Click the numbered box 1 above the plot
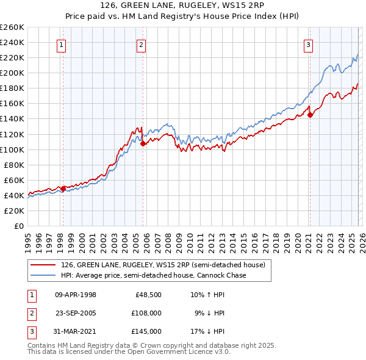(62, 45)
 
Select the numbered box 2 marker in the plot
(142, 45)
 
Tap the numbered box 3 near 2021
(309, 45)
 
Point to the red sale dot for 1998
(63, 189)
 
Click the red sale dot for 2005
(143, 144)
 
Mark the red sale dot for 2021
(310, 115)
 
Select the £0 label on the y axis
(18, 226)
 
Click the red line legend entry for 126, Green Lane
(162, 265)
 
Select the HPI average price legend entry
(153, 276)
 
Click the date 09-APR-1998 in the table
(76, 295)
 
